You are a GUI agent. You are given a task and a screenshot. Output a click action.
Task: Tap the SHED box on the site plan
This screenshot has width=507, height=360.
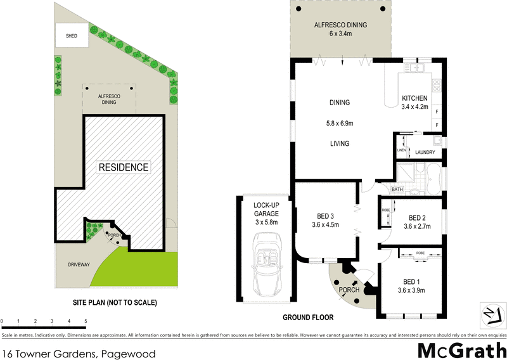coord(72,36)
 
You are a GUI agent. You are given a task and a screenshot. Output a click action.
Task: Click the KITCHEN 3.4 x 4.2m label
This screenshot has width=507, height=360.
coord(414,103)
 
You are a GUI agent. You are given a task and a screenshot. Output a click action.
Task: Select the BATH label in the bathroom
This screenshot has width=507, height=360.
coord(397,190)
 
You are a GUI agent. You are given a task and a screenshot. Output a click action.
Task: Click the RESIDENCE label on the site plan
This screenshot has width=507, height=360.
coord(123,167)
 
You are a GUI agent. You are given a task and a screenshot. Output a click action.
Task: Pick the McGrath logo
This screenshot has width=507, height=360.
coord(461,349)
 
